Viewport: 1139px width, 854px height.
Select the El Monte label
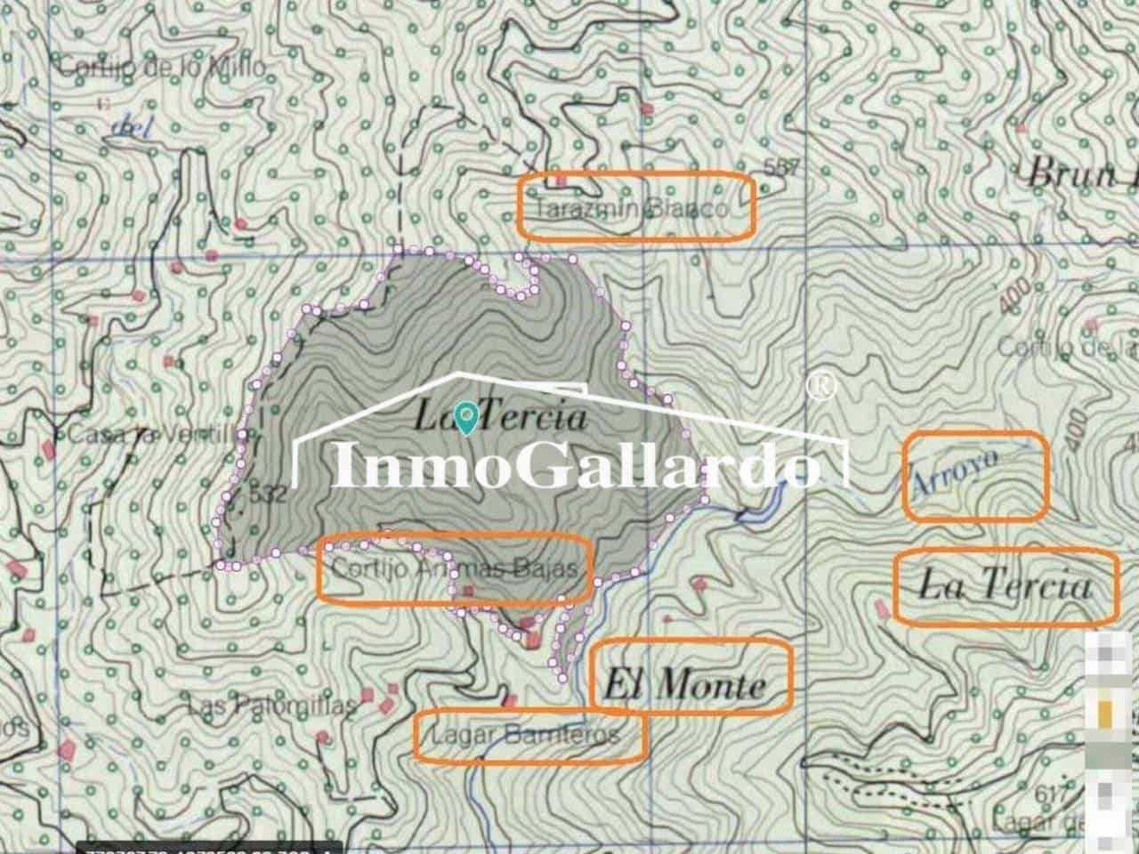pyautogui.click(x=685, y=684)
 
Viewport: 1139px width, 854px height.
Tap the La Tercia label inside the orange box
pyautogui.click(x=1005, y=586)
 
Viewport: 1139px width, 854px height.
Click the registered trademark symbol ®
pyautogui.click(x=820, y=386)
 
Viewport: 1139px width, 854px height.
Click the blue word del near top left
pyautogui.click(x=133, y=127)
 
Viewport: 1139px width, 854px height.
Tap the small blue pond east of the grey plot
pyautogui.click(x=757, y=509)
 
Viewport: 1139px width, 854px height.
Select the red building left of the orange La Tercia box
pyautogui.click(x=882, y=608)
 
